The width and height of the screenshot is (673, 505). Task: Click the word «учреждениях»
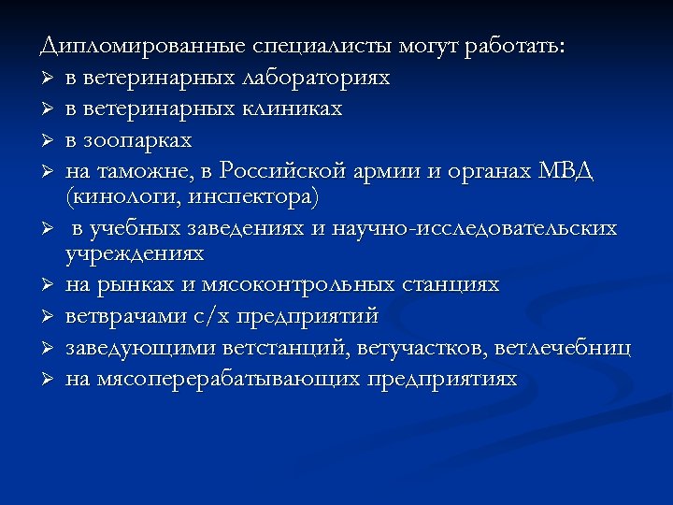pyautogui.click(x=135, y=252)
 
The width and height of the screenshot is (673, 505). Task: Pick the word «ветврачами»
pyautogui.click(x=124, y=316)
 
